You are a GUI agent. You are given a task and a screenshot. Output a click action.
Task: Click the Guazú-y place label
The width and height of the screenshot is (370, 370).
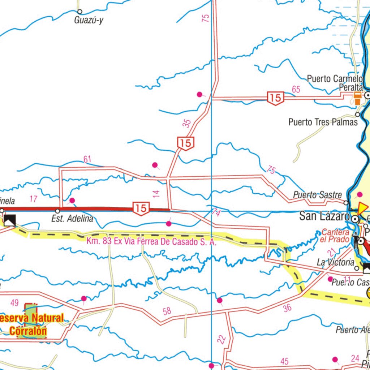(x=89, y=20)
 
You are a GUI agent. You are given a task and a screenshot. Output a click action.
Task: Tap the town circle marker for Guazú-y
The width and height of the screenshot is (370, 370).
(x=80, y=12)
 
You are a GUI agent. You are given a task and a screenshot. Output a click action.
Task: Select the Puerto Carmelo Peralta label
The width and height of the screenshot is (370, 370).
(x=335, y=83)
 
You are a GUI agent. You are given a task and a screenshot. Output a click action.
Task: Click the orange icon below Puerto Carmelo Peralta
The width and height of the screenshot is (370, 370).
(x=357, y=98)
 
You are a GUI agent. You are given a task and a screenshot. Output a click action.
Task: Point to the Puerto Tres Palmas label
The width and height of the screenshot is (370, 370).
(x=323, y=122)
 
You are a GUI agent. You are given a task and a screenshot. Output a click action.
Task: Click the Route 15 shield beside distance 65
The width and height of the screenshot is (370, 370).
(x=275, y=98)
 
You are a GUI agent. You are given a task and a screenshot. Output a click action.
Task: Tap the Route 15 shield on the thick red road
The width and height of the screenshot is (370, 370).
(x=141, y=208)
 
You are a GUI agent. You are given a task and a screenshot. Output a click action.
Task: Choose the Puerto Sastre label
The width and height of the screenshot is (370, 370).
(x=317, y=195)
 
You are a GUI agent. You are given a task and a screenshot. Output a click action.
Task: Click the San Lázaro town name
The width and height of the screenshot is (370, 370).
(x=324, y=217)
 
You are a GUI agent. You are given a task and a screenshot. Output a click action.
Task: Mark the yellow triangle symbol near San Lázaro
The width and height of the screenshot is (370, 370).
(x=362, y=208)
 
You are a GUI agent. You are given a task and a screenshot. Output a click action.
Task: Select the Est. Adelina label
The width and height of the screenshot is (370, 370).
(x=72, y=219)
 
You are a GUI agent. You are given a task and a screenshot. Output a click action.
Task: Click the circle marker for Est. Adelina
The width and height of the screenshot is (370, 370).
(x=57, y=211)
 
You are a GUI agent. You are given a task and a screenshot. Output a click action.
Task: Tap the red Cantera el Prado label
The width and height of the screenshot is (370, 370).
(x=335, y=236)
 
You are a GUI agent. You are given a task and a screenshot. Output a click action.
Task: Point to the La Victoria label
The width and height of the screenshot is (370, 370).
(x=335, y=262)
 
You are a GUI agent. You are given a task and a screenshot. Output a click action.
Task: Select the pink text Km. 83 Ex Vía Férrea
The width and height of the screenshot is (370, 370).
(x=151, y=242)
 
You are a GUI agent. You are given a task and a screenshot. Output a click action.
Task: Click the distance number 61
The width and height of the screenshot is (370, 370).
(x=87, y=159)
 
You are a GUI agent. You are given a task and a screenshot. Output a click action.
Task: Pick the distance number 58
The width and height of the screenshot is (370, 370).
(x=167, y=311)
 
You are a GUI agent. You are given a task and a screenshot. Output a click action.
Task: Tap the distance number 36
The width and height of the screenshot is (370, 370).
(x=287, y=308)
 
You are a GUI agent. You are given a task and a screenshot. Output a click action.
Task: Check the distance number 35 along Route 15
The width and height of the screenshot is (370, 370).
(x=186, y=124)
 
